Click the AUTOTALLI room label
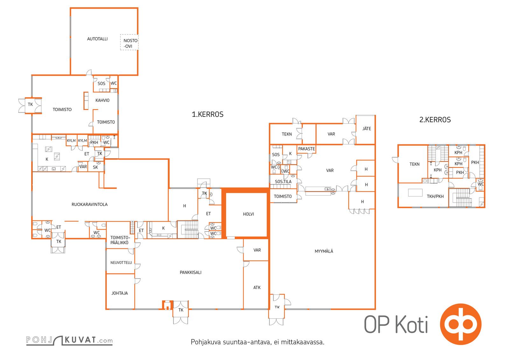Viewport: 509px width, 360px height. (x=97, y=39)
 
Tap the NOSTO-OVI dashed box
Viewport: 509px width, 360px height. (x=129, y=42)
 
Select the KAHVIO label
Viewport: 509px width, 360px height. (x=102, y=100)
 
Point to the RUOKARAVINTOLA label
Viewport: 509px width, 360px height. (x=89, y=204)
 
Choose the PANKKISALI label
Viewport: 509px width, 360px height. (x=191, y=272)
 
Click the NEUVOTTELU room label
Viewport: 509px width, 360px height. (x=121, y=263)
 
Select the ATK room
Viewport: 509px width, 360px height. (x=256, y=285)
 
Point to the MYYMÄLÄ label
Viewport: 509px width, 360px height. (x=324, y=251)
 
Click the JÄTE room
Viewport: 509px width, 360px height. (x=366, y=130)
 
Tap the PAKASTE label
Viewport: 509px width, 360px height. (x=306, y=149)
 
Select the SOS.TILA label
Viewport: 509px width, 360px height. (x=283, y=182)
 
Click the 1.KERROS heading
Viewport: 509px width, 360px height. (x=207, y=114)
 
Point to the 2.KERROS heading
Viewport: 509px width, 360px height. (x=435, y=120)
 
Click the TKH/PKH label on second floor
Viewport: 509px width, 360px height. (x=435, y=197)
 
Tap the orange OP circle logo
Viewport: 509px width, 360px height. (x=461, y=324)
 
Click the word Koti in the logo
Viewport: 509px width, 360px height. (x=412, y=324)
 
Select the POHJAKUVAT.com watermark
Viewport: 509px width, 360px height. (x=69, y=340)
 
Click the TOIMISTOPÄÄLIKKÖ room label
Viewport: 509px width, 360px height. (x=120, y=240)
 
